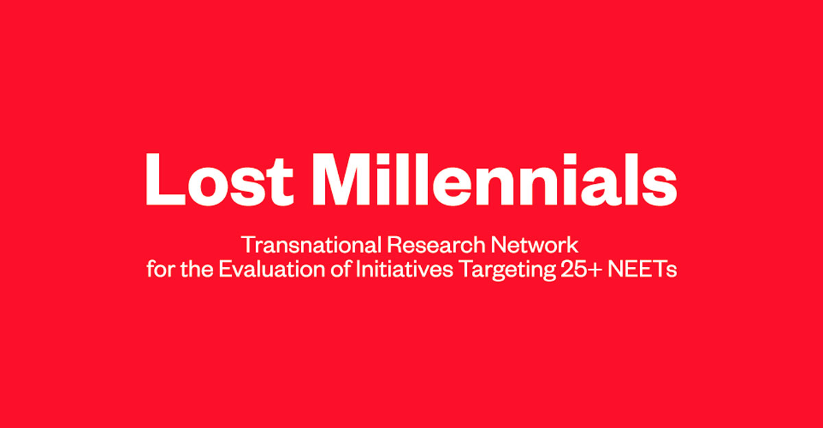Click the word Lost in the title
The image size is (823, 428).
pyautogui.click(x=219, y=179)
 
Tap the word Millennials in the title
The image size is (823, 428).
pyautogui.click(x=494, y=179)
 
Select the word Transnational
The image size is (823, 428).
pyautogui.click(x=311, y=245)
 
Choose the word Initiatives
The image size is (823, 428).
pyautogui.click(x=404, y=270)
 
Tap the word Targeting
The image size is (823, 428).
pyautogui.click(x=508, y=271)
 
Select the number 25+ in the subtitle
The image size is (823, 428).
pyautogui.click(x=582, y=270)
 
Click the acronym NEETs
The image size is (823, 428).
pyautogui.click(x=643, y=270)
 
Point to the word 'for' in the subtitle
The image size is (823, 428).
pyautogui.click(x=160, y=270)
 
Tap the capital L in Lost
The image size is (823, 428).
pyautogui.click(x=165, y=179)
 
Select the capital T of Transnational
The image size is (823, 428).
pyautogui.click(x=249, y=245)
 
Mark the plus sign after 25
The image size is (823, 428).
pyautogui.click(x=595, y=271)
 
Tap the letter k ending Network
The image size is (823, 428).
pyautogui.click(x=573, y=245)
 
